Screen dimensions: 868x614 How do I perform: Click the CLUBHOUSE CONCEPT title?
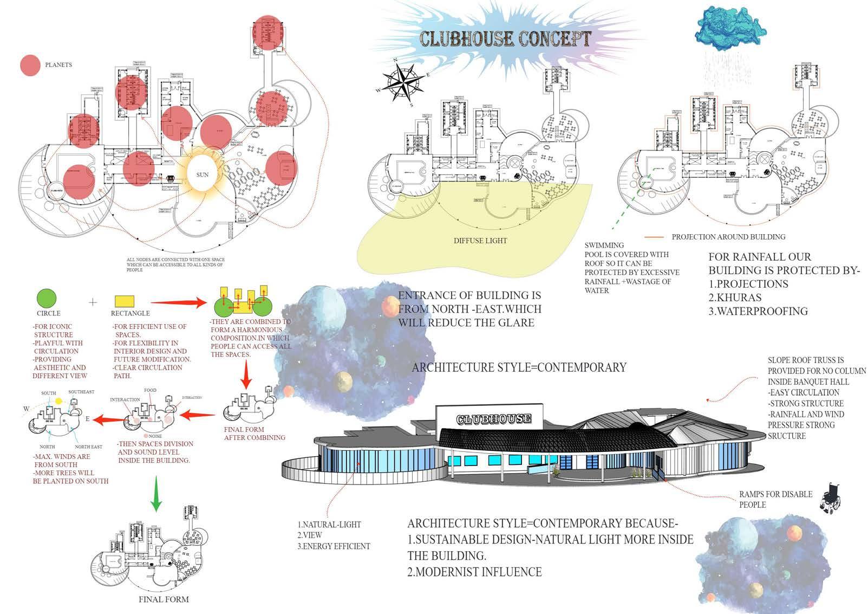(505, 38)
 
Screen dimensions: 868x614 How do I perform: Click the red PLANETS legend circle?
(30, 65)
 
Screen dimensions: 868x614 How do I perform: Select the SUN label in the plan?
(203, 174)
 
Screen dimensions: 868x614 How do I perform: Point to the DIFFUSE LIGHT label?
(480, 241)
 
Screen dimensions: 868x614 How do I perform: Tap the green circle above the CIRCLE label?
(46, 299)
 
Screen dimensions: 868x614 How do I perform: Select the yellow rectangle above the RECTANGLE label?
(125, 301)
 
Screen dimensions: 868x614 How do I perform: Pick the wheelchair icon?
(830, 499)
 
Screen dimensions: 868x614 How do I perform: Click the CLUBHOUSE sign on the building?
(493, 419)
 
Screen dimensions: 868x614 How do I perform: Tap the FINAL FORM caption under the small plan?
(164, 599)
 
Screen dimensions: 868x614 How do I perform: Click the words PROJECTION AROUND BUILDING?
(728, 237)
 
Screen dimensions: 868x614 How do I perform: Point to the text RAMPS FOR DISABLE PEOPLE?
(775, 499)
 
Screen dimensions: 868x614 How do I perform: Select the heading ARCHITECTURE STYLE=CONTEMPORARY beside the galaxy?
(519, 367)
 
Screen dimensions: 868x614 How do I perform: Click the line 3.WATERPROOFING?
(758, 312)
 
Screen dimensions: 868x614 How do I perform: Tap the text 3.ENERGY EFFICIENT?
(334, 546)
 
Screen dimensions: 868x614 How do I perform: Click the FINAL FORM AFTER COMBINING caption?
(254, 434)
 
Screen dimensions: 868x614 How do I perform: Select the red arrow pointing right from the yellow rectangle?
(179, 302)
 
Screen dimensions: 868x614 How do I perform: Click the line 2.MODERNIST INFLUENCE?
(474, 572)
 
